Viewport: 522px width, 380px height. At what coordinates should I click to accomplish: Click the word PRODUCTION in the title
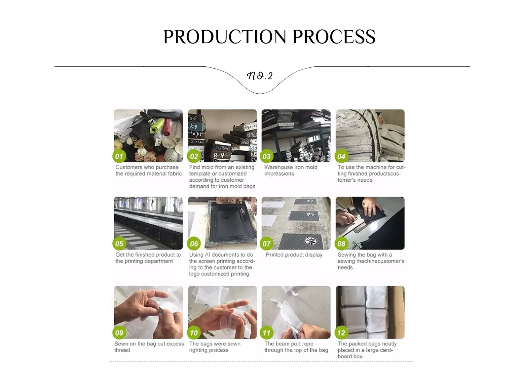tap(224, 37)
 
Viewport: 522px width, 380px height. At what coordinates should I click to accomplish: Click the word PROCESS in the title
tap(334, 37)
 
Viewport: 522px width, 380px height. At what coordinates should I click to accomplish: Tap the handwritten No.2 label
tap(260, 76)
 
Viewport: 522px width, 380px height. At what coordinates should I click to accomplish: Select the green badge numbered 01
tap(119, 156)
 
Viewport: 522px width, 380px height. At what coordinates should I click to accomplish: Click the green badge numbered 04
tap(341, 156)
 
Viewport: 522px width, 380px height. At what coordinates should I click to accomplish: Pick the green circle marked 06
tap(194, 244)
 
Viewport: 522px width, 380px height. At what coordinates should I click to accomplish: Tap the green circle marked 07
tap(267, 244)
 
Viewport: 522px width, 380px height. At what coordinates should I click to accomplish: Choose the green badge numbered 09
tap(119, 333)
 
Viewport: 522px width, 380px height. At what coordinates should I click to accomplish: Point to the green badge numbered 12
tap(341, 333)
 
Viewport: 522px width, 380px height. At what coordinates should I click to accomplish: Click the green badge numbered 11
tap(267, 333)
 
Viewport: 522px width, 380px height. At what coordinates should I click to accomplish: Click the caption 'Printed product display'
tap(294, 255)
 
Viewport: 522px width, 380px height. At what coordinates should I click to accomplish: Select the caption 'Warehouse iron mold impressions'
tap(291, 170)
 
